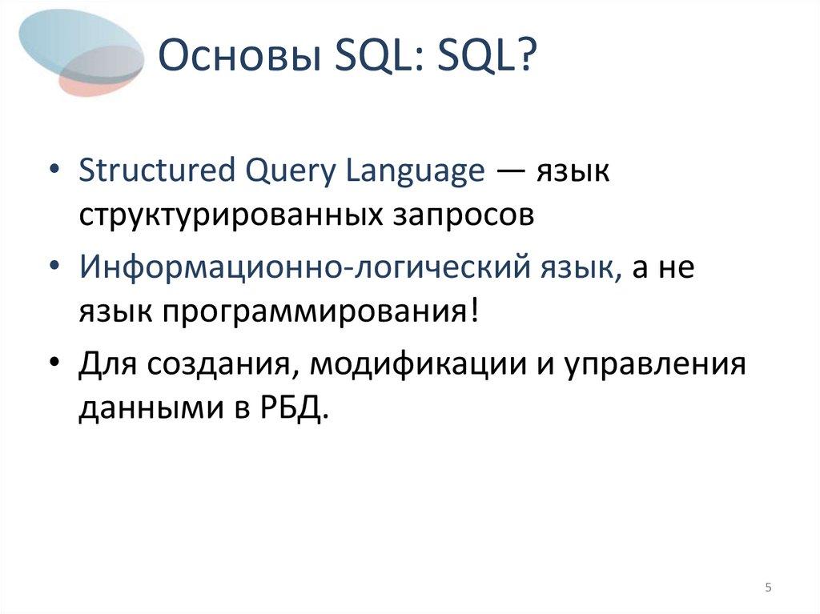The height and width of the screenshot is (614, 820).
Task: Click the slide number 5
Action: pos(768,588)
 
